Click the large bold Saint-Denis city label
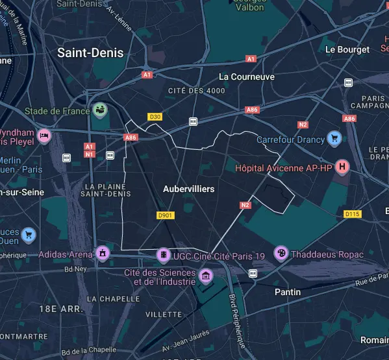[90, 53]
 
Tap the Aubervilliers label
[189, 188]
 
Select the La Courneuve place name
[247, 77]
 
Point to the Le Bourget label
[347, 49]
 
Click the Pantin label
[288, 292]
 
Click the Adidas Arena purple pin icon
[101, 252]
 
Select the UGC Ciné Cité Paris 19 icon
[165, 255]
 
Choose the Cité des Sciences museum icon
[207, 278]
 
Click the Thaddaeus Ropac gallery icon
[281, 253]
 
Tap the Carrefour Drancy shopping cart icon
[334, 138]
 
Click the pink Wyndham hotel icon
[44, 135]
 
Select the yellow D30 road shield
[155, 117]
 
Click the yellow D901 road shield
[165, 215]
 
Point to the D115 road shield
[352, 213]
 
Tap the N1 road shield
[90, 154]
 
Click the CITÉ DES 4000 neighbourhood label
[196, 91]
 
